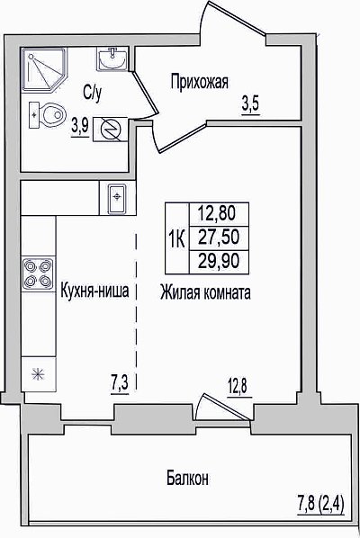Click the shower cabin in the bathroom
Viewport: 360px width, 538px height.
point(44,70)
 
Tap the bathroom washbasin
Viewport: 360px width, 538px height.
point(112,59)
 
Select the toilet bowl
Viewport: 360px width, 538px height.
point(48,115)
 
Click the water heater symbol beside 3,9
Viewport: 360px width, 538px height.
point(111,129)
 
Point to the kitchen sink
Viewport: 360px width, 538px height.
point(117,198)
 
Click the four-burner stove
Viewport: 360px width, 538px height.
point(38,273)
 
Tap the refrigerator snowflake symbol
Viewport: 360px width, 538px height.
point(38,373)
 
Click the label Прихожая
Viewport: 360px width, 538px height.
point(200,83)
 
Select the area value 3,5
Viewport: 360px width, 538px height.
point(250,104)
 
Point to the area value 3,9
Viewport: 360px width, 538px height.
point(80,127)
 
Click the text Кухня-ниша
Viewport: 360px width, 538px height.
point(94,291)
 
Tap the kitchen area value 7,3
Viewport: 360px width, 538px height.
point(120,384)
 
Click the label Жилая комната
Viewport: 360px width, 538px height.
point(205,293)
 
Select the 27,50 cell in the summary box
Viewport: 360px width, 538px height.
point(219,238)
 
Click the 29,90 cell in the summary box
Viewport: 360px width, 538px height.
point(219,262)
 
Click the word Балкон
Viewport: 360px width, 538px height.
point(187,479)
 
